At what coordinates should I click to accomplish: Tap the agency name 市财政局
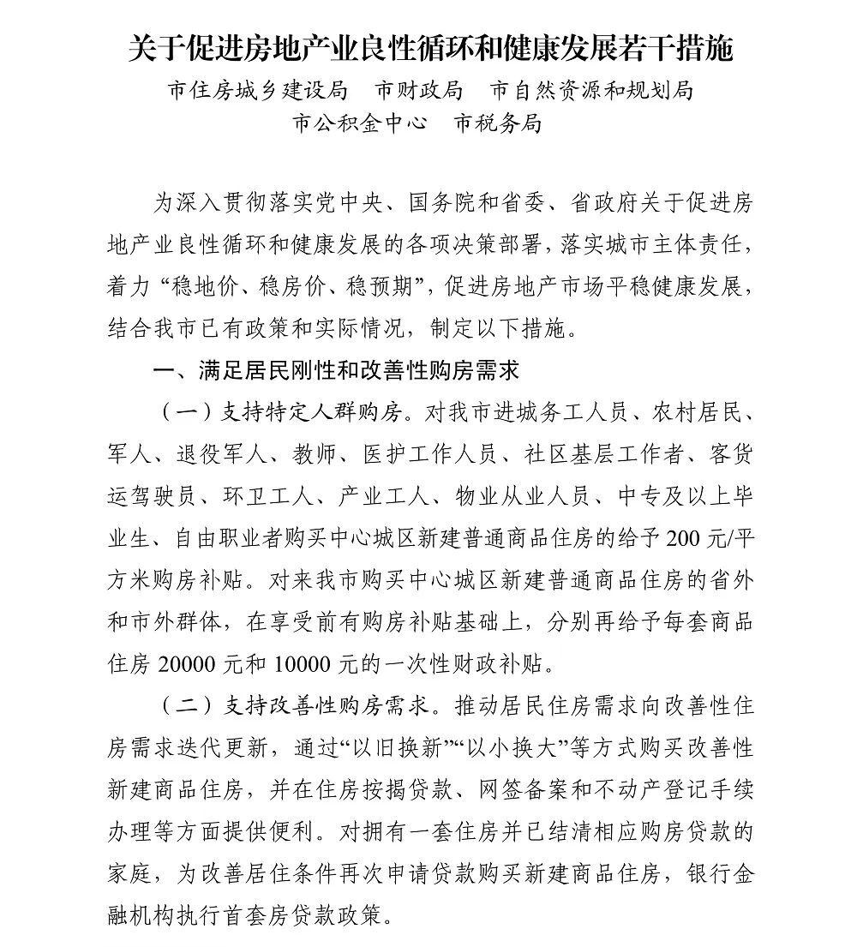pyautogui.click(x=419, y=90)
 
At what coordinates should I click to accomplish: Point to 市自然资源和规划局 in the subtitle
pyautogui.click(x=591, y=90)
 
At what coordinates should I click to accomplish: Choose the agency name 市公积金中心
pyautogui.click(x=360, y=123)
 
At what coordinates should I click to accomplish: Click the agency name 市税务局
pyautogui.click(x=498, y=123)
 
